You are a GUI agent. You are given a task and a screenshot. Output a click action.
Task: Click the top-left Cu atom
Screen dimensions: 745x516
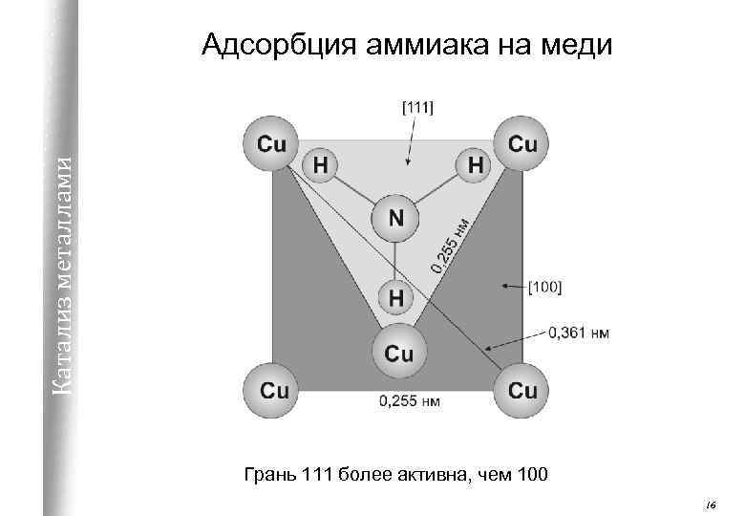coord(272,144)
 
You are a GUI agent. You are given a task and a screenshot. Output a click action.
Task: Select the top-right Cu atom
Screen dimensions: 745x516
coord(522,144)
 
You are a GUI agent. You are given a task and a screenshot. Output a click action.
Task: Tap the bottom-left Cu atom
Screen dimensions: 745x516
coord(274,390)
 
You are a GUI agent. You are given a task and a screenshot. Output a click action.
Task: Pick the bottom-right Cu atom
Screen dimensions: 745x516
coord(522,390)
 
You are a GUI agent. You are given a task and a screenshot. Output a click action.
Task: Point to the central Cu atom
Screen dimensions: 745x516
coord(398,353)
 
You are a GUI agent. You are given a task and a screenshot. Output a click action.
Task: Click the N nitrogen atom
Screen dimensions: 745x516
coord(396,218)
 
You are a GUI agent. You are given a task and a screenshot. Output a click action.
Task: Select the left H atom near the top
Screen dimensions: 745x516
coord(322,165)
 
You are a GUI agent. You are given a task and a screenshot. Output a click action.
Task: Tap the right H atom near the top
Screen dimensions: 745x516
coord(475,165)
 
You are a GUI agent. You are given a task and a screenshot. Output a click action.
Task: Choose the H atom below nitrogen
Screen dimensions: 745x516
coord(396,297)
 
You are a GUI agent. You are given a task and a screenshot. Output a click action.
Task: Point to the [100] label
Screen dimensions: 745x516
coord(545,286)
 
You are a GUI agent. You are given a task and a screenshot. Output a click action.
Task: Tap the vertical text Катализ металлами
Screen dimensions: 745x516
coord(60,268)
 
